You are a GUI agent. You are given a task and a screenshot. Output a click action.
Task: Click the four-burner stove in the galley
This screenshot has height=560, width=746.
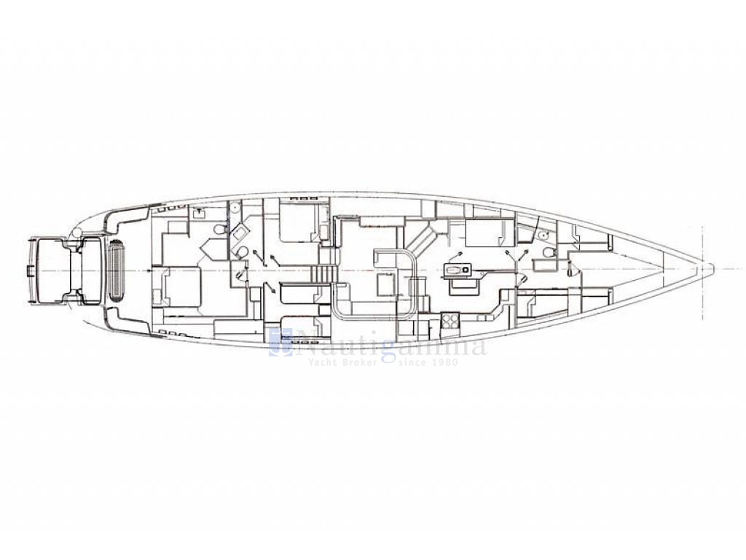449,320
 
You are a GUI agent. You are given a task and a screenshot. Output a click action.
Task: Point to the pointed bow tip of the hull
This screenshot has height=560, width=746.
712,269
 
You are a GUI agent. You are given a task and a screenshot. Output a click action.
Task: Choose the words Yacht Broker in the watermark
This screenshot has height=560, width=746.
343,362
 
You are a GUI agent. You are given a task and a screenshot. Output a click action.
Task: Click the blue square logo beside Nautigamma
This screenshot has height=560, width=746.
280,343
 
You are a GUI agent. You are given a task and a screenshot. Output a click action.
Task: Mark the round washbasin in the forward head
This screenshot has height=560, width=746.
544,234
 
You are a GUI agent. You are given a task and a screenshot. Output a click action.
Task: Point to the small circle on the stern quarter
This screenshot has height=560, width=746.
76,234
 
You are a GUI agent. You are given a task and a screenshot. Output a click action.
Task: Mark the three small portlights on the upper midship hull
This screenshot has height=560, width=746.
304,197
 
